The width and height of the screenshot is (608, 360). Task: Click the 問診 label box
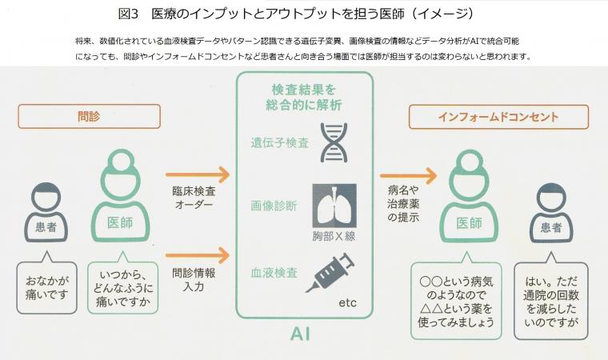(88, 116)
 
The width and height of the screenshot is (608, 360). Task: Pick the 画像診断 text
(276, 206)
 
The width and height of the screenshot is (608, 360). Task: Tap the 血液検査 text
(276, 272)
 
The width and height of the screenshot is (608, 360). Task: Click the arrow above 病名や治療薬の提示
(409, 175)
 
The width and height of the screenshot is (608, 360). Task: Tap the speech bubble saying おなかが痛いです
(46, 286)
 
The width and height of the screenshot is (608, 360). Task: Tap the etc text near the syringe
(347, 303)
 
